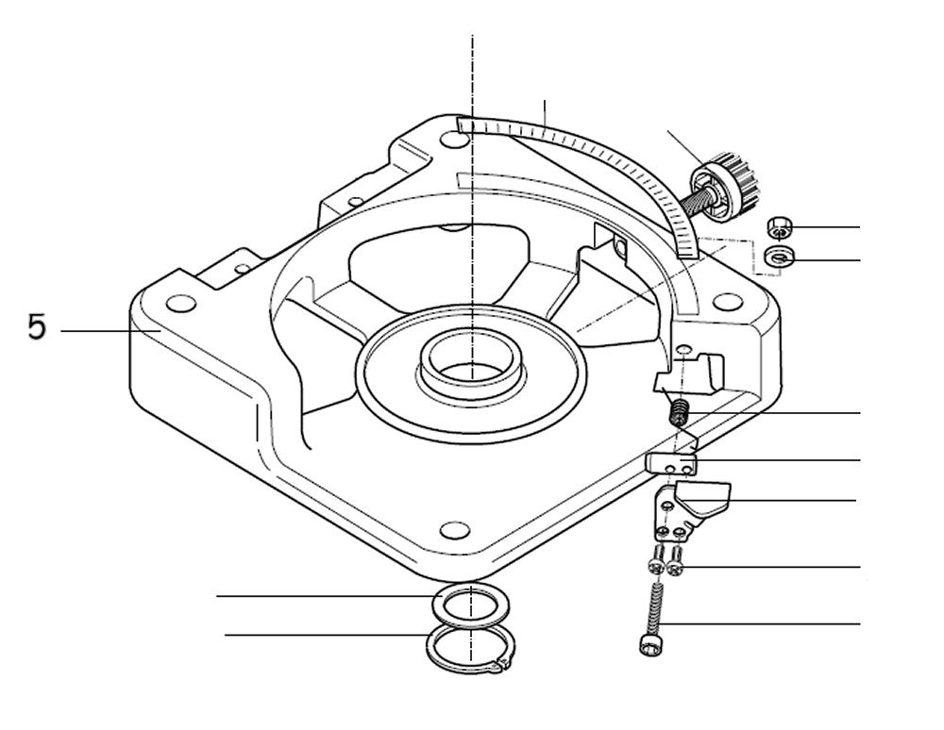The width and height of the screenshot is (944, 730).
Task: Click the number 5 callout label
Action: (36, 328)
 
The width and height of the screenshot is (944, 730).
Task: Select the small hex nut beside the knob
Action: (778, 227)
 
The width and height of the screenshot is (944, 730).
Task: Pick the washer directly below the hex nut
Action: (780, 257)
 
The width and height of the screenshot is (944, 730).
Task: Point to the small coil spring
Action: (678, 412)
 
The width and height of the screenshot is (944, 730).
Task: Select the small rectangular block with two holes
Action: (672, 463)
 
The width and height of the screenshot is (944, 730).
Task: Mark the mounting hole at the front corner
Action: (455, 530)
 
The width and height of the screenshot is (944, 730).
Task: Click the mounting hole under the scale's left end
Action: (453, 140)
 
